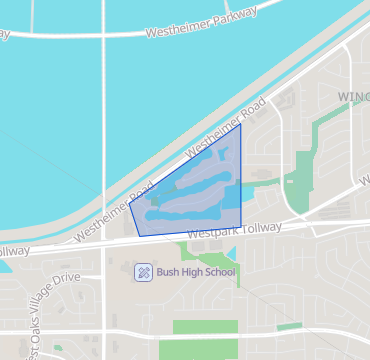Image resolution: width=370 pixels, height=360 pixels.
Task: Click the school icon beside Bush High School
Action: pos(143,271)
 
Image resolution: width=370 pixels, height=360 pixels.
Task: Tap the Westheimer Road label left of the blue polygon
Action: pos(116,210)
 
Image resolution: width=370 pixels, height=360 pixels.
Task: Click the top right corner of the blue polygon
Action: pos(240,124)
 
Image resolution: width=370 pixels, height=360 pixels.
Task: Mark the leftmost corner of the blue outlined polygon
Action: pos(129,204)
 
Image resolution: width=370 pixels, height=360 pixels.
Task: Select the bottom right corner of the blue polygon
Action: pos(241,226)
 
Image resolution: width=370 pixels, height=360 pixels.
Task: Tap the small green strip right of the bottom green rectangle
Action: pos(290,326)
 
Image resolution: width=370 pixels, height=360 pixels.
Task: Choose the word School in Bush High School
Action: pos(219,271)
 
